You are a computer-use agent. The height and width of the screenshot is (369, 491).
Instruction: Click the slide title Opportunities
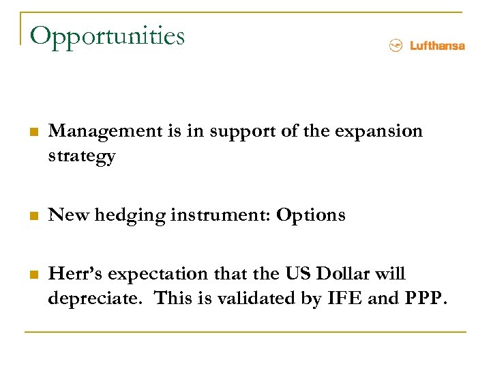pos(108,36)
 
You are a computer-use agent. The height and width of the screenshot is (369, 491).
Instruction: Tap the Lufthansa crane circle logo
pos(395,46)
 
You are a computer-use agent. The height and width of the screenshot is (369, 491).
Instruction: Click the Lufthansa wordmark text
pos(437,46)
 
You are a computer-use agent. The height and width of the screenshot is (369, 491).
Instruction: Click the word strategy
pos(82,156)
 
